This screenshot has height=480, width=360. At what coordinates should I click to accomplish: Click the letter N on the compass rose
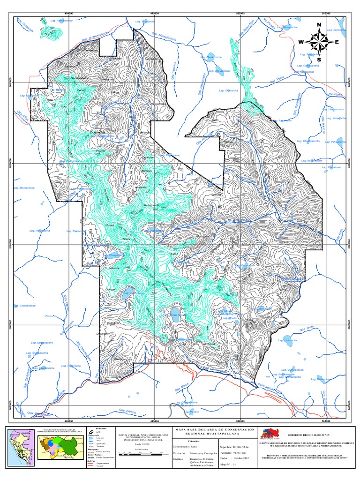319,25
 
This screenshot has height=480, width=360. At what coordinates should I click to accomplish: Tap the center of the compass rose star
319,42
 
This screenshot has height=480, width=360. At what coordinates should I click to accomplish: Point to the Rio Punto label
337,94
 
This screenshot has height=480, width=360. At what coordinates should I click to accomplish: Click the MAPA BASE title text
214,429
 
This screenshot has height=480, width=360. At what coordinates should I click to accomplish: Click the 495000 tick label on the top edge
155,14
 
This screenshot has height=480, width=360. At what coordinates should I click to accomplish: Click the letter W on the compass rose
300,42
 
